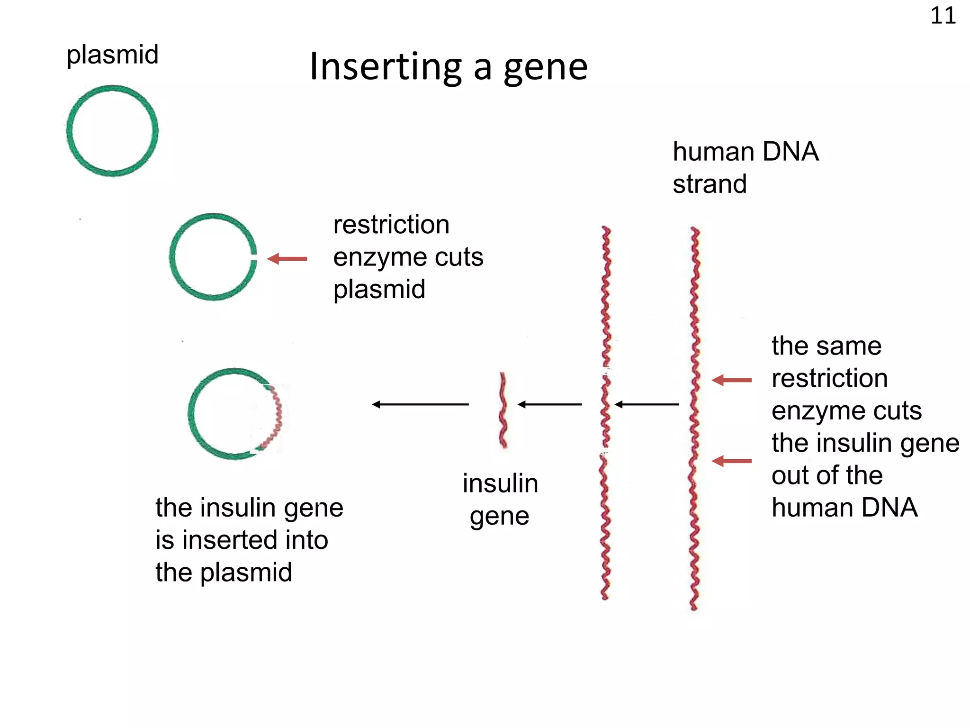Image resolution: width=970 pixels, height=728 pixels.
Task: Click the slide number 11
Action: (x=943, y=16)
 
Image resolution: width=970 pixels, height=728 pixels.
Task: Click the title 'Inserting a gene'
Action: (x=448, y=67)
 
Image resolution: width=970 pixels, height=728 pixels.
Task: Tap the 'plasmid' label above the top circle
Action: (x=112, y=55)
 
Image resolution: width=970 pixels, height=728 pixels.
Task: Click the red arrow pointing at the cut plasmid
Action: (x=287, y=259)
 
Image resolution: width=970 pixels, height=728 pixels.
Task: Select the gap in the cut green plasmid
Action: (x=254, y=259)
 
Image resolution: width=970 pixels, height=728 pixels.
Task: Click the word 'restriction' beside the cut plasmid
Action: (x=391, y=225)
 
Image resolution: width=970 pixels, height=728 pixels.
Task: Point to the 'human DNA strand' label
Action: (x=745, y=167)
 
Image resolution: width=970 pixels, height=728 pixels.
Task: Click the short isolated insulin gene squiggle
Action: (x=503, y=410)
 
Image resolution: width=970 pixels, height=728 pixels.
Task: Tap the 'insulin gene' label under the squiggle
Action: (x=500, y=500)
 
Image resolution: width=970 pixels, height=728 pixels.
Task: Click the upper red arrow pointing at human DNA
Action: (x=732, y=380)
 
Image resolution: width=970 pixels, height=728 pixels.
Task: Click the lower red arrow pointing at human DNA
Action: (x=732, y=461)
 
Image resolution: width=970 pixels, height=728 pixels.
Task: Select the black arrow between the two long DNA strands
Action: (x=647, y=404)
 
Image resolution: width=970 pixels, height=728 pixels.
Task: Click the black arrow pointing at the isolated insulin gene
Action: (x=550, y=404)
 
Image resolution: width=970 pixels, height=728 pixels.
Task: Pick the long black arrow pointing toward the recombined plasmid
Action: (x=420, y=404)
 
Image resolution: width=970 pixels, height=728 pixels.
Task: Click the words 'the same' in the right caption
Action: (x=826, y=346)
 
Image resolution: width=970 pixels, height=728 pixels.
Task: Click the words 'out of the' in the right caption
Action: (x=827, y=475)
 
